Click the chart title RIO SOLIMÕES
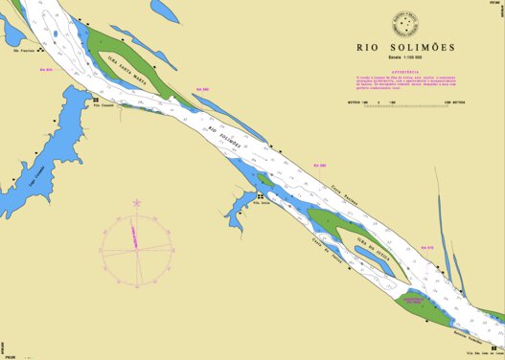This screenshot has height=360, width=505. tap(406, 47)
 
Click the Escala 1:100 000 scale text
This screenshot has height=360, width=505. tap(406, 59)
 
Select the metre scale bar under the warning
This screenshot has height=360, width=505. tap(406, 97)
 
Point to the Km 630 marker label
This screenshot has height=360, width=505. tap(45, 70)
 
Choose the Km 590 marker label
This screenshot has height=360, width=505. tap(201, 89)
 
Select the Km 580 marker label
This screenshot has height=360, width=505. tap(321, 165)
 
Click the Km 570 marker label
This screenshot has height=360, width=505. tap(428, 247)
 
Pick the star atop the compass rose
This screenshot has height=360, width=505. tap(136, 202)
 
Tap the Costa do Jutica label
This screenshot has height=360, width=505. tap(301, 245)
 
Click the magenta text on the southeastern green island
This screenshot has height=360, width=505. tap(422, 302)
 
